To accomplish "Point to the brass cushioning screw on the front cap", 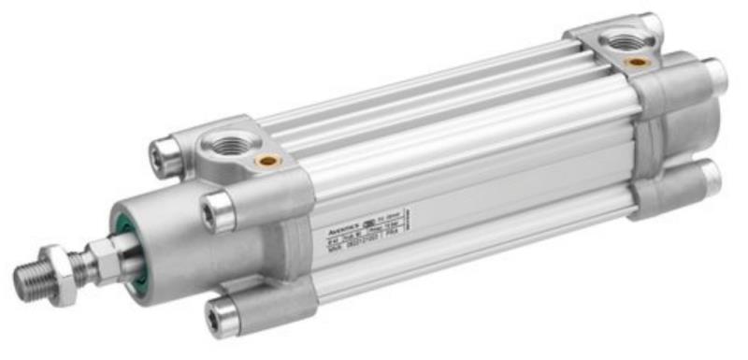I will [x=269, y=161].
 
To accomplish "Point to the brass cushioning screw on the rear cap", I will [x=640, y=62].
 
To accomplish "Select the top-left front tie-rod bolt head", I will [x=165, y=150].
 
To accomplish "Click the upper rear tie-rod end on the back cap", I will [x=714, y=75].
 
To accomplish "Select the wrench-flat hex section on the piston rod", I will [x=100, y=253].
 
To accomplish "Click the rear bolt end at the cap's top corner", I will [x=648, y=25].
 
